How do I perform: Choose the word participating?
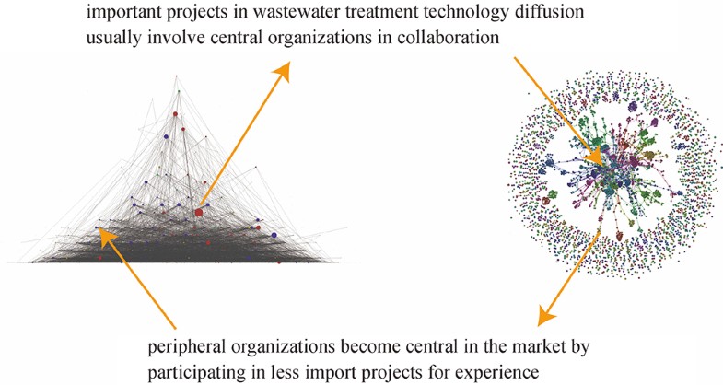click(192, 375)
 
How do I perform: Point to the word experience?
click(496, 375)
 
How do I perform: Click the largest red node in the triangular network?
click(198, 213)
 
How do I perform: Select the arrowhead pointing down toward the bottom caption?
click(545, 316)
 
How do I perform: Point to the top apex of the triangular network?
click(179, 72)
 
